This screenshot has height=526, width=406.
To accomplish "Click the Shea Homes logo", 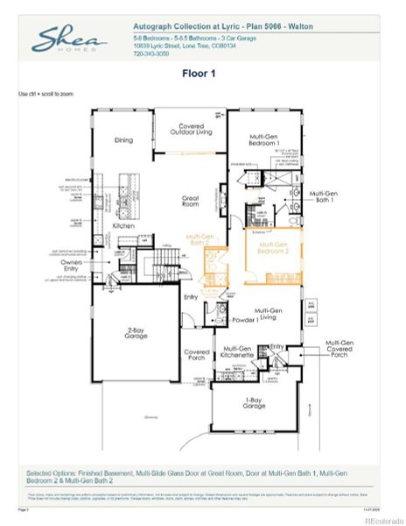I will click(x=70, y=40).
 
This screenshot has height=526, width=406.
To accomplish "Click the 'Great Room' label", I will click(x=192, y=201).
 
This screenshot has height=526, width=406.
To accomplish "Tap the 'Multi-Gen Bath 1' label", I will click(x=324, y=197).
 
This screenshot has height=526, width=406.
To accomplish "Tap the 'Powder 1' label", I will click(x=244, y=321).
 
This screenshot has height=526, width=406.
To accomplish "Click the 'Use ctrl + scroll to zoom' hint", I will click(x=45, y=93).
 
